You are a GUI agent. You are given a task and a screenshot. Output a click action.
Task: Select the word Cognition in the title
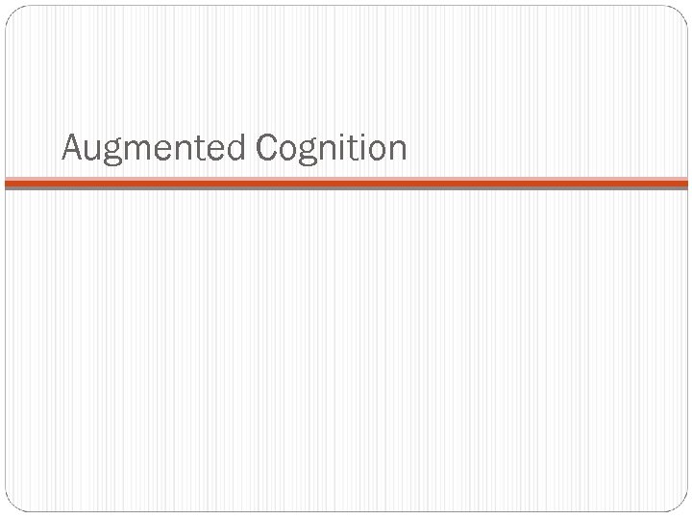pos(333,149)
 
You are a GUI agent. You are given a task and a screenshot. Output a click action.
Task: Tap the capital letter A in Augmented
pos(71,147)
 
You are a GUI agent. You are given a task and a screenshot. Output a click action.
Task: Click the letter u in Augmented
pos(92,151)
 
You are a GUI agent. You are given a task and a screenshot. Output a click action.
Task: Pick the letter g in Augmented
pos(112,153)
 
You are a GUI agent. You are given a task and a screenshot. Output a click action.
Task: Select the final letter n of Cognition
pos(398,151)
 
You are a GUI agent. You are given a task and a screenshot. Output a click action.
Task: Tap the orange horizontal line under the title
pos(346,181)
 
